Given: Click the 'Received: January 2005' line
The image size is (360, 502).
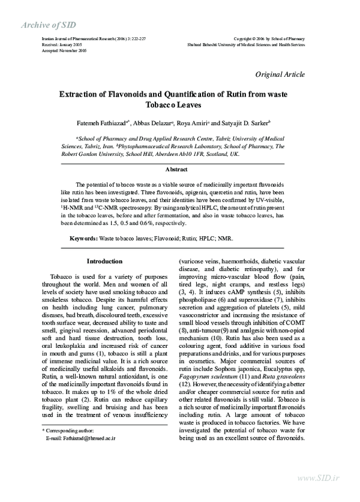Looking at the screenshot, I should click(61, 45).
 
